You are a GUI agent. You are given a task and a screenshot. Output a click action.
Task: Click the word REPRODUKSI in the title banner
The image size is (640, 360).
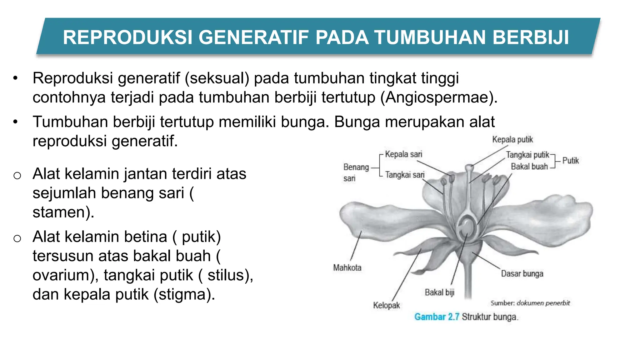coord(128,37)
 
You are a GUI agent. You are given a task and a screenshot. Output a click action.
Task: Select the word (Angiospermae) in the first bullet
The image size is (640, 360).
coord(439,97)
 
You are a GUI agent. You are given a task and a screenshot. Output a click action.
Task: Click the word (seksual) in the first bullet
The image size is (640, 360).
coord(217,78)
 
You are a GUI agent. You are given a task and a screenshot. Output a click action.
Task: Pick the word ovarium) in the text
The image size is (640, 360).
coord(66,275)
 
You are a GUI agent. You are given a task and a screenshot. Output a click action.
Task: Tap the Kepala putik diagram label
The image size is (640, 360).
coord(512,139)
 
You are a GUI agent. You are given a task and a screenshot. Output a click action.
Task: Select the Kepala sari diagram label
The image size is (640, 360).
coord(403,154)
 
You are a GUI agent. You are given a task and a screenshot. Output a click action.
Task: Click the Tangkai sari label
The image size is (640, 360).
coord(405,175)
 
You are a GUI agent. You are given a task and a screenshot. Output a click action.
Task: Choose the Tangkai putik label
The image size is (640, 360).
coord(527,155)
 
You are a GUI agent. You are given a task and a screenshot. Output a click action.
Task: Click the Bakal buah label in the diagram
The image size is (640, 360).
coord(529,167)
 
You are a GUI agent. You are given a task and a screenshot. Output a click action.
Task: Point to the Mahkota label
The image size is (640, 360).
coord(347,268)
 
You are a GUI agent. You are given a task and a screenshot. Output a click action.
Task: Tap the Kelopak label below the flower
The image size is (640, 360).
coord(386,305)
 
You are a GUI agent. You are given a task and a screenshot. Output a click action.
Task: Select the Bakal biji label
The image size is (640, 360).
coord(439,292)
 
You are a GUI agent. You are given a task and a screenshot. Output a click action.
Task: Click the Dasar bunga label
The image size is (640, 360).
coord(522,274)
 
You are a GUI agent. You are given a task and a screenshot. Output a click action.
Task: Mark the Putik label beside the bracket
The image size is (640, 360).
coord(570,161)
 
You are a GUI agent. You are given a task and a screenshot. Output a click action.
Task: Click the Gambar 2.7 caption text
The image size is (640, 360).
coord(437,317)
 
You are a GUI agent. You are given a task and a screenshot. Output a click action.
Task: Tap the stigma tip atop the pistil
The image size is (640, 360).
coord(469,167)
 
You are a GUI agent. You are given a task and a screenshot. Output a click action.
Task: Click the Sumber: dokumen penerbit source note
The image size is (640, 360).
coord(530,303)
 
